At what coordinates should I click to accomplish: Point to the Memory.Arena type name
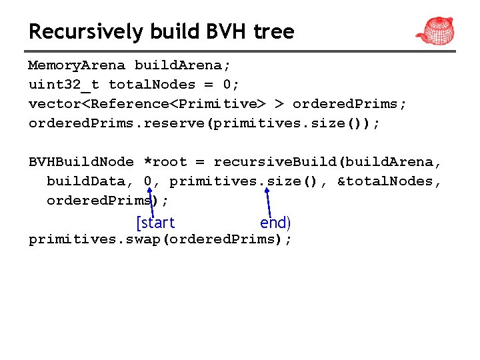tap(76, 65)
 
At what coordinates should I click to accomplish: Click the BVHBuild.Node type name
tap(81, 162)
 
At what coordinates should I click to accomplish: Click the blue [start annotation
tap(155, 223)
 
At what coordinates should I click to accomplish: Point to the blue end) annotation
tap(275, 223)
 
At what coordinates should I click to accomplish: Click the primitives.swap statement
tap(160, 240)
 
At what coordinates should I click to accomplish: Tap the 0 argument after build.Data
tap(147, 181)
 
